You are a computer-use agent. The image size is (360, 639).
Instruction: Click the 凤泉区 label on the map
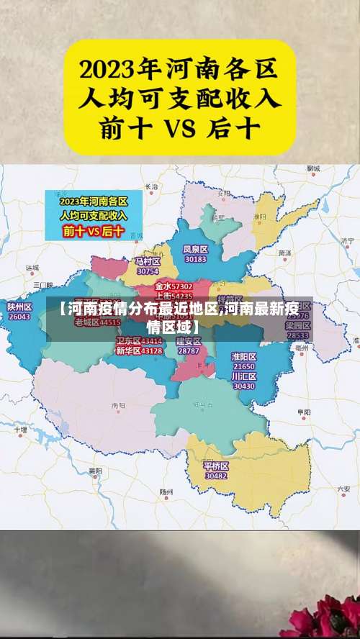[195, 249]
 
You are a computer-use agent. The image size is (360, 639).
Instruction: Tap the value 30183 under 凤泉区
[195, 259]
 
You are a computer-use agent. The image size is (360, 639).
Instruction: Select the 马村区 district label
[147, 261]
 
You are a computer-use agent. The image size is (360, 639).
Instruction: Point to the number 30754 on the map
[147, 271]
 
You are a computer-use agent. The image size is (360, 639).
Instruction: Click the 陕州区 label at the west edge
[19, 307]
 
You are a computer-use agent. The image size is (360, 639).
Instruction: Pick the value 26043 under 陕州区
[19, 317]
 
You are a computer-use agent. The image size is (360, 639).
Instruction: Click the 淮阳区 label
[244, 356]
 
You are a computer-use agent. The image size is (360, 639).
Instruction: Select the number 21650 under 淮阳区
[244, 366]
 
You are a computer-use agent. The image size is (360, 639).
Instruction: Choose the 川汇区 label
[244, 376]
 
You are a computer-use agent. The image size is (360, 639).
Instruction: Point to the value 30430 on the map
[244, 386]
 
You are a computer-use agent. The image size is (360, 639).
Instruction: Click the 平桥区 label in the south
[216, 466]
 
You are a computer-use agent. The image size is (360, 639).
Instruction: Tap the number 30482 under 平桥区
[216, 476]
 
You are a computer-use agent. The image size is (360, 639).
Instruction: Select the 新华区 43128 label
[139, 350]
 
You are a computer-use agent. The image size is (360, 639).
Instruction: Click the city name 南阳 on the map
[118, 406]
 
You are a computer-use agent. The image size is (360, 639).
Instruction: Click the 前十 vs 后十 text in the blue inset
[94, 232]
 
